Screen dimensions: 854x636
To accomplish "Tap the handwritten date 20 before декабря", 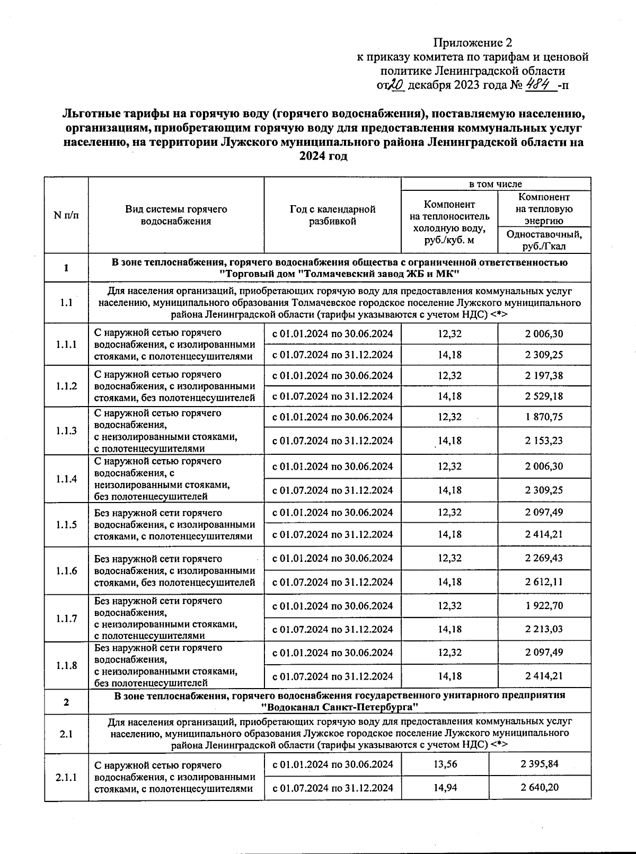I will (x=396, y=85).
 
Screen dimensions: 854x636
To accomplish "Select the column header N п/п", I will (x=66, y=215).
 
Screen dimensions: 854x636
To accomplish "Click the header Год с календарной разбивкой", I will (x=332, y=215).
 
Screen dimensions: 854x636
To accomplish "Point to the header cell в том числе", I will (x=496, y=184).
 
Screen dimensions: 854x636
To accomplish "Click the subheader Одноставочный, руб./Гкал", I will (x=544, y=240).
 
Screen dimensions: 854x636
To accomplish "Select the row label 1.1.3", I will (x=66, y=430).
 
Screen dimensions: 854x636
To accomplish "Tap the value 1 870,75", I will (x=544, y=417).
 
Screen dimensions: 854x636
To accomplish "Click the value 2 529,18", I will (x=544, y=396).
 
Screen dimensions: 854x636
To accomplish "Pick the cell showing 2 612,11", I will (x=544, y=582).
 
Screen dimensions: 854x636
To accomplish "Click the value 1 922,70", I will (x=544, y=605).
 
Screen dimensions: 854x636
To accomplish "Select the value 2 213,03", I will (x=544, y=629).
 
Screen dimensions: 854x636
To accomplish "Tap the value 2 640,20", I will (x=539, y=787).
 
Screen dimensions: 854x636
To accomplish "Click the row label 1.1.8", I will (x=66, y=665).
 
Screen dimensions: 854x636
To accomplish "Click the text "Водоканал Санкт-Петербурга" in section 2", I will (x=339, y=707).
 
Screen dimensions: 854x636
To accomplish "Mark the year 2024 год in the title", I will (x=323, y=156).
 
